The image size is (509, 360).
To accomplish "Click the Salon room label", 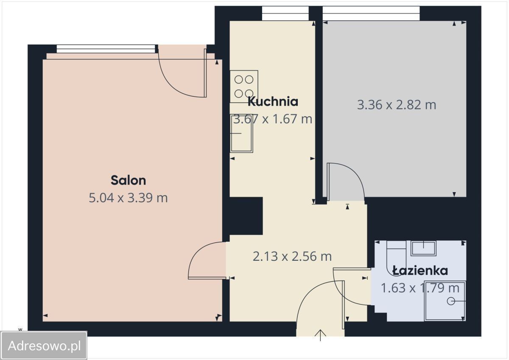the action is (129, 180).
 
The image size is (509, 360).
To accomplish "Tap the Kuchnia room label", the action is (273, 101).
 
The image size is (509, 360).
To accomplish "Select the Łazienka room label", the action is (420, 271).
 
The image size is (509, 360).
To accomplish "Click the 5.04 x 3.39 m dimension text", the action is (128, 198).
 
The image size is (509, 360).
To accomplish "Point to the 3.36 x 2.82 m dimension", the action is (397, 105).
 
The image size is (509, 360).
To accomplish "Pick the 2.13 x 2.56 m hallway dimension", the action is (292, 257).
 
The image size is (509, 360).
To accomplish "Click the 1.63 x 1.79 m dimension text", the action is (420, 288).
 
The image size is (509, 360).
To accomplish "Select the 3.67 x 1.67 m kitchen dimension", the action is (273, 119).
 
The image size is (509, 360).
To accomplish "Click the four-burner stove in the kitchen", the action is (244, 87).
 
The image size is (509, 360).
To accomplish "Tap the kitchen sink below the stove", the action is (241, 133).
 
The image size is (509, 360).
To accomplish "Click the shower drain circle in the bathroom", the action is (451, 301).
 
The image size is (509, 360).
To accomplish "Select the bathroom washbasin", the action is (424, 248).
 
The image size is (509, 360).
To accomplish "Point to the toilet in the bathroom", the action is (396, 258).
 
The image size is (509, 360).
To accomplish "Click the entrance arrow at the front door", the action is (320, 335).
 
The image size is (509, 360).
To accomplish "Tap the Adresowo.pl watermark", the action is (44, 346).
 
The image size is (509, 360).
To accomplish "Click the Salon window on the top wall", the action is (106, 49).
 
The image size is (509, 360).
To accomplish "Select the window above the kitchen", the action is (285, 13).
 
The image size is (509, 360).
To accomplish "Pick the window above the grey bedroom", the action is (371, 13).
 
